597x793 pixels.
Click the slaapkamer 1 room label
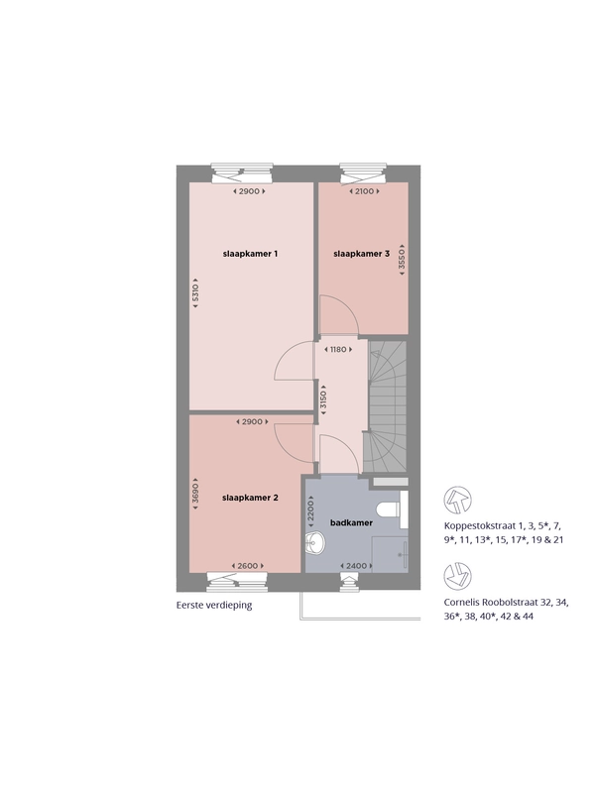tap(250, 254)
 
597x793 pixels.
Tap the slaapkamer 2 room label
tap(250, 498)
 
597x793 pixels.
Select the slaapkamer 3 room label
tap(361, 254)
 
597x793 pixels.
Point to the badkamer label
tap(351, 522)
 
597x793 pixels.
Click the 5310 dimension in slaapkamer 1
tap(195, 292)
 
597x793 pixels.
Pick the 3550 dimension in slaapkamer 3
tap(402, 260)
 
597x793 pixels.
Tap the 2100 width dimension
tap(364, 191)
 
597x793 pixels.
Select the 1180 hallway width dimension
tap(338, 349)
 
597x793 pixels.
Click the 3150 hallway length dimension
tap(324, 400)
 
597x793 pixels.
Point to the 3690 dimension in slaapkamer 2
tap(195, 494)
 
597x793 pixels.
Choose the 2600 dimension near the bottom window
tap(247, 566)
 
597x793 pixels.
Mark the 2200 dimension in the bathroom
tap(310, 510)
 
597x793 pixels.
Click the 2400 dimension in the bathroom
tap(356, 566)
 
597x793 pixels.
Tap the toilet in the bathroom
tap(393, 508)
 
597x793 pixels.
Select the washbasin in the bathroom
tap(315, 543)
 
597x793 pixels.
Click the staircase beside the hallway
tap(387, 406)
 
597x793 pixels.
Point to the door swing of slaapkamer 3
tap(339, 315)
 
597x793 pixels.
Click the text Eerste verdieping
tap(214, 605)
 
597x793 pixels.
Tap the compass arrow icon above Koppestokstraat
tap(457, 501)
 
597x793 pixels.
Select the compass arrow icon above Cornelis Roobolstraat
tap(457, 576)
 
